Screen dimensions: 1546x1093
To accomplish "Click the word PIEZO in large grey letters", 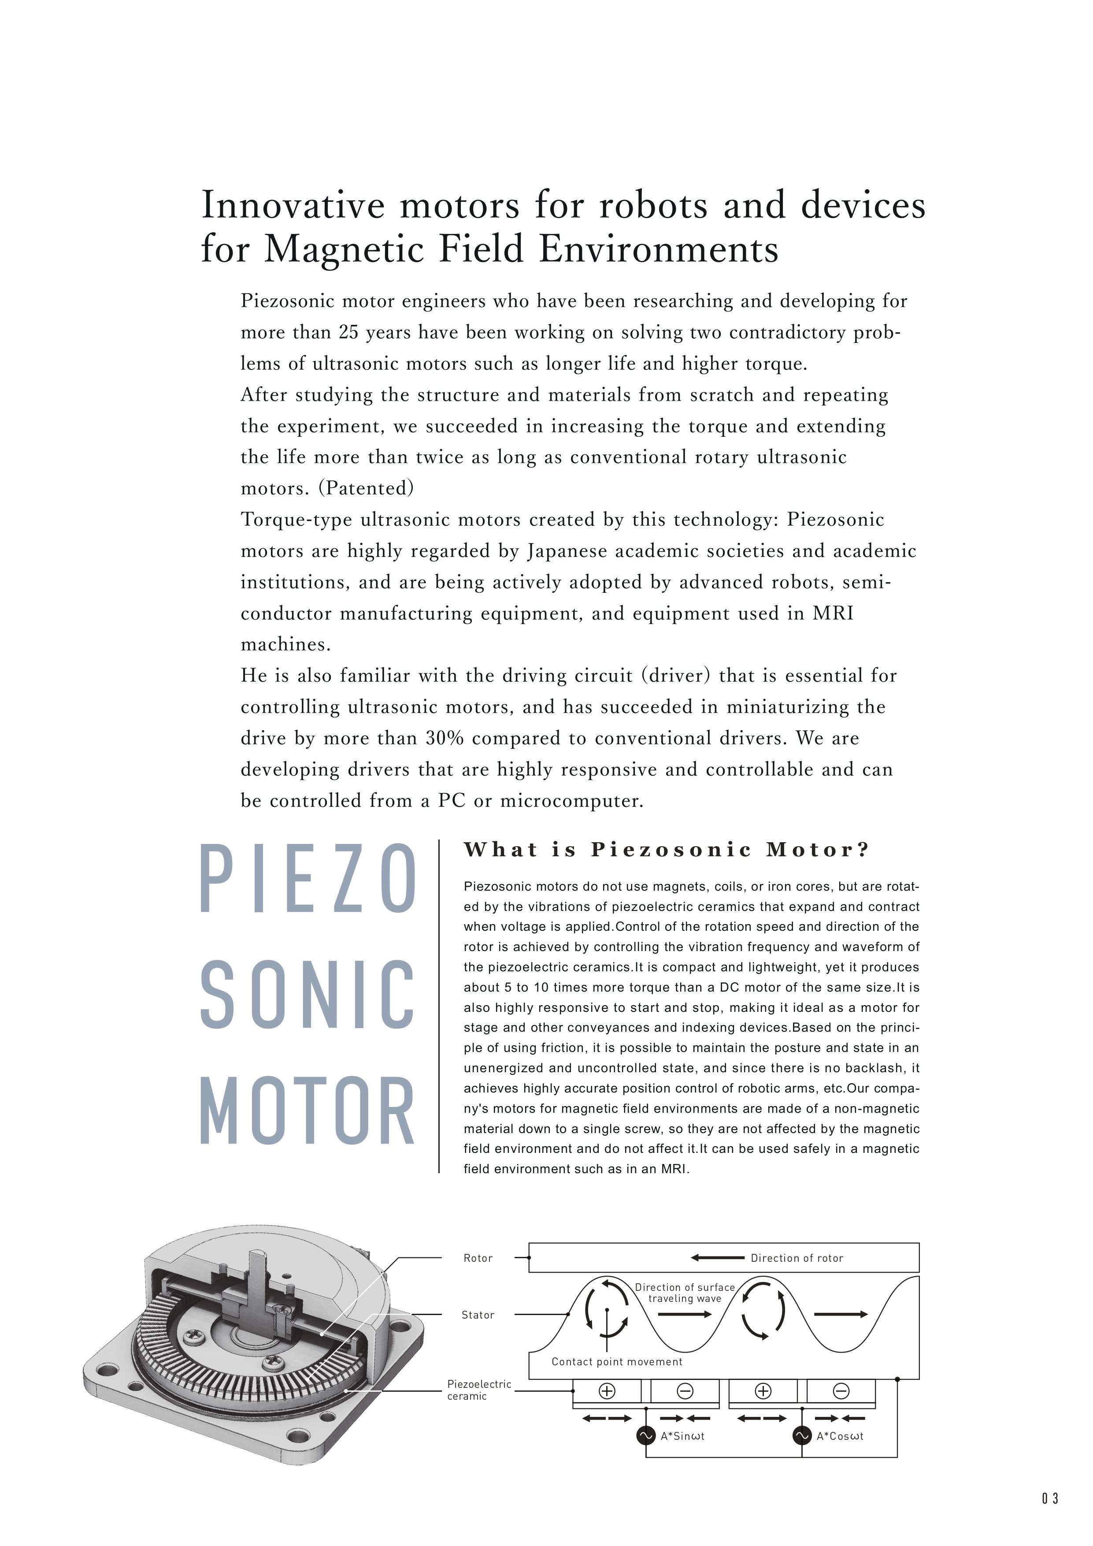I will pos(308,879).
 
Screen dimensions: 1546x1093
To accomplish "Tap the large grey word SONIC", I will pos(308,995).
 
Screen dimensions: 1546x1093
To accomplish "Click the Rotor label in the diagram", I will pos(478,1258).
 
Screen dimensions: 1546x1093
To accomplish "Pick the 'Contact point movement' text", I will pos(616,1361).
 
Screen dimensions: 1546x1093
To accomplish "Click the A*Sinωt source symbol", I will pos(645,1435).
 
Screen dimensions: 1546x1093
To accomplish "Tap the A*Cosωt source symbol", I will pos(802,1435).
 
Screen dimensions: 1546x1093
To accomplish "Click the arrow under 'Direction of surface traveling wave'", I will pos(685,1314).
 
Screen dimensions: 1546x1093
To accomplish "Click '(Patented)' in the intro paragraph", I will pos(366,488).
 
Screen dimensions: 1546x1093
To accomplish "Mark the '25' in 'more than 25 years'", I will pos(348,332).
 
